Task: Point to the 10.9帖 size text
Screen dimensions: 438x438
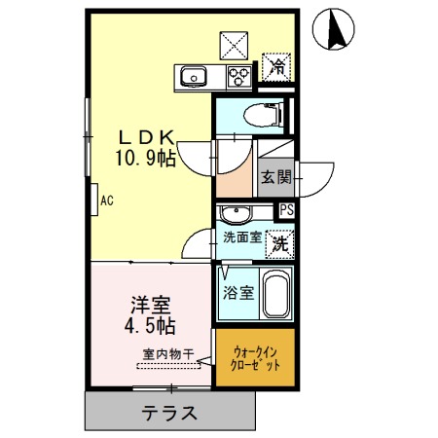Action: [x=147, y=158]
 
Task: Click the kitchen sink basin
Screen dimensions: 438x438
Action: [x=189, y=75]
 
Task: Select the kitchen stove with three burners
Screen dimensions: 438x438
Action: [x=237, y=76]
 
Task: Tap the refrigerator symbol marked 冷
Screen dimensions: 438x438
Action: [x=278, y=67]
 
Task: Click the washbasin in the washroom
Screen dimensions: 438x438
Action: [x=236, y=213]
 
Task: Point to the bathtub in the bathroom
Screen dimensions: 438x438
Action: [x=275, y=295]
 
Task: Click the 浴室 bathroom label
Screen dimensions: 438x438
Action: [x=237, y=291]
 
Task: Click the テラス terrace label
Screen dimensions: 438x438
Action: [x=170, y=412]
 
